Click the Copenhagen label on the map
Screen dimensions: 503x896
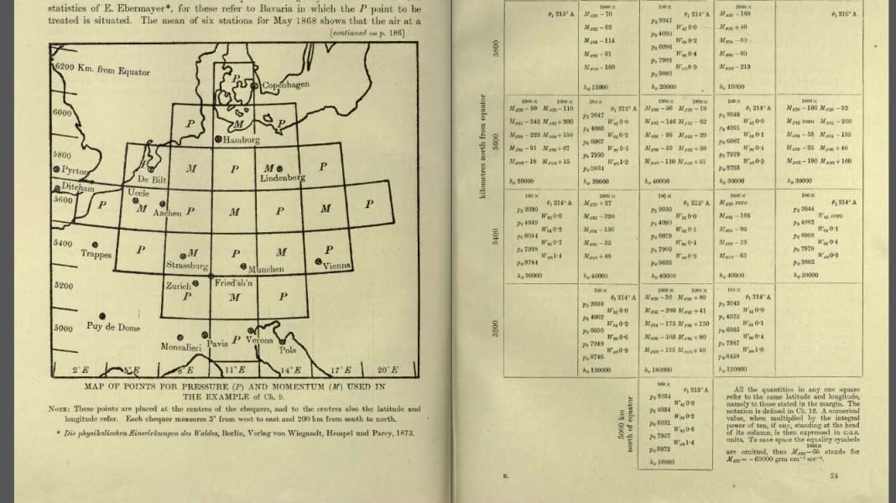pyautogui.click(x=286, y=86)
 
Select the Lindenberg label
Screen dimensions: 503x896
pyautogui.click(x=282, y=179)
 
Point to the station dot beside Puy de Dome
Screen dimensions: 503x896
pyautogui.click(x=102, y=316)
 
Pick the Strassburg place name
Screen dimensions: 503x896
pyautogui.click(x=186, y=265)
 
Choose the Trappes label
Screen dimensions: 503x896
pyautogui.click(x=96, y=254)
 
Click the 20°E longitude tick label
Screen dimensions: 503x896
pyautogui.click(x=385, y=370)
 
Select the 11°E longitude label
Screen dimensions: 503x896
pyautogui.click(x=234, y=370)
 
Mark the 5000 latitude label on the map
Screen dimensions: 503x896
pyautogui.click(x=63, y=329)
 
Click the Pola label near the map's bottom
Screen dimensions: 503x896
pyautogui.click(x=288, y=350)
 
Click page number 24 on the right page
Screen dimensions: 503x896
pyautogui.click(x=833, y=476)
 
